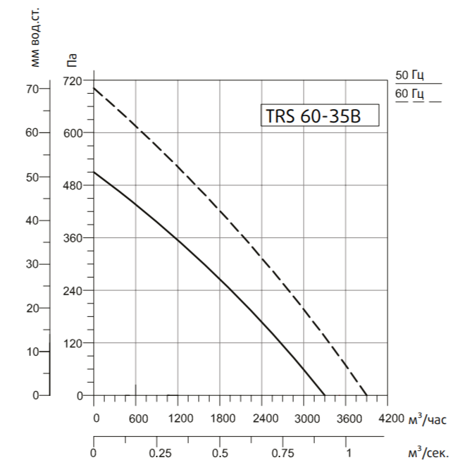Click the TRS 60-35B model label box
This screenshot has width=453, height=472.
[x=321, y=115]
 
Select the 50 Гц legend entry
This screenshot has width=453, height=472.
[x=409, y=76]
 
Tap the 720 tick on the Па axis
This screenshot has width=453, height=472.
[x=74, y=80]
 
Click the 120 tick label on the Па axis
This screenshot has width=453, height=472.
[x=74, y=344]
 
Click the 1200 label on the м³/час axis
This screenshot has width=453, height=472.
[x=181, y=418]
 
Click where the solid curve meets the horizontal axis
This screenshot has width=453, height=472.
[x=325, y=395]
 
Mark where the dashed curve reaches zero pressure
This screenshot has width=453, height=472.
[x=367, y=395]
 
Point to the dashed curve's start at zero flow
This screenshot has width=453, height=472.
[x=94, y=88]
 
